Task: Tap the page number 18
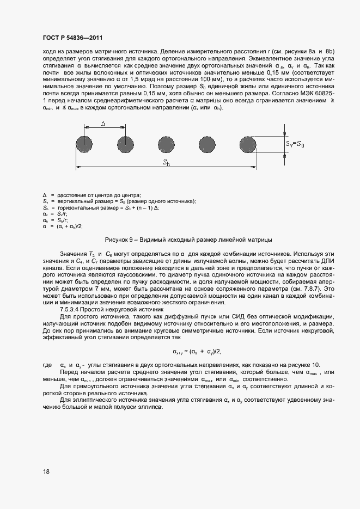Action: (x=46, y=472)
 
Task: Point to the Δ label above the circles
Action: (x=103, y=124)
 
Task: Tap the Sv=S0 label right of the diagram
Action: (x=295, y=144)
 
